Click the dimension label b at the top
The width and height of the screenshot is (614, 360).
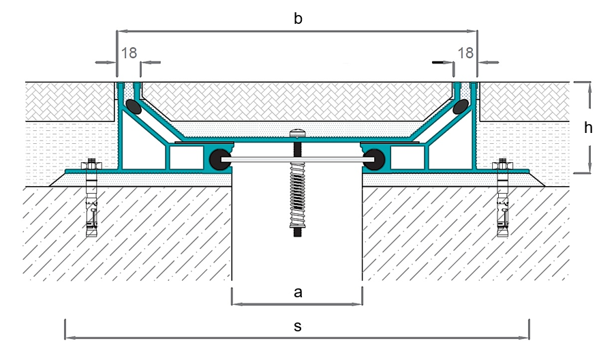298,18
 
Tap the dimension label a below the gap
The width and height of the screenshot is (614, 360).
298,292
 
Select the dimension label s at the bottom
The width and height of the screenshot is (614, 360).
298,327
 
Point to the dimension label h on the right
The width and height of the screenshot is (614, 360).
588,127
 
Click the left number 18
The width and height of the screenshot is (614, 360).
129,53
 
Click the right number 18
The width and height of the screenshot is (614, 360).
465,53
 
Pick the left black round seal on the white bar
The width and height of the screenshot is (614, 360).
219,160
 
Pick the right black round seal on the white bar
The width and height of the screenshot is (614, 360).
375,160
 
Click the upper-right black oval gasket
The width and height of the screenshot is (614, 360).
461,106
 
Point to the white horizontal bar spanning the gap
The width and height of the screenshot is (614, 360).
297,160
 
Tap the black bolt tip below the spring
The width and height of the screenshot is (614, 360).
297,232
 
